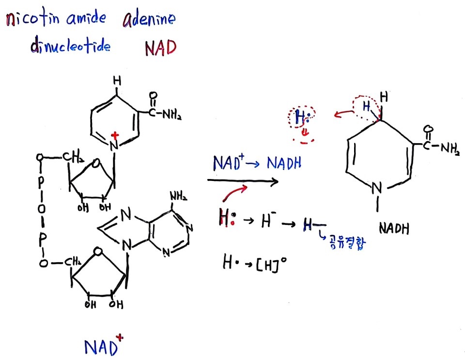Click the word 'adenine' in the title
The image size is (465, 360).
click(x=149, y=20)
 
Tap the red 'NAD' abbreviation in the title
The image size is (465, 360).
click(x=160, y=48)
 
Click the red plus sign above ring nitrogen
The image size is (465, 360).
click(x=116, y=134)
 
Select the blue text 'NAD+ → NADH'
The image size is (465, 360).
click(x=257, y=164)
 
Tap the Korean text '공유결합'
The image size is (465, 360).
click(x=346, y=243)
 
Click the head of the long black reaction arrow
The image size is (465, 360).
click(x=276, y=181)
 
